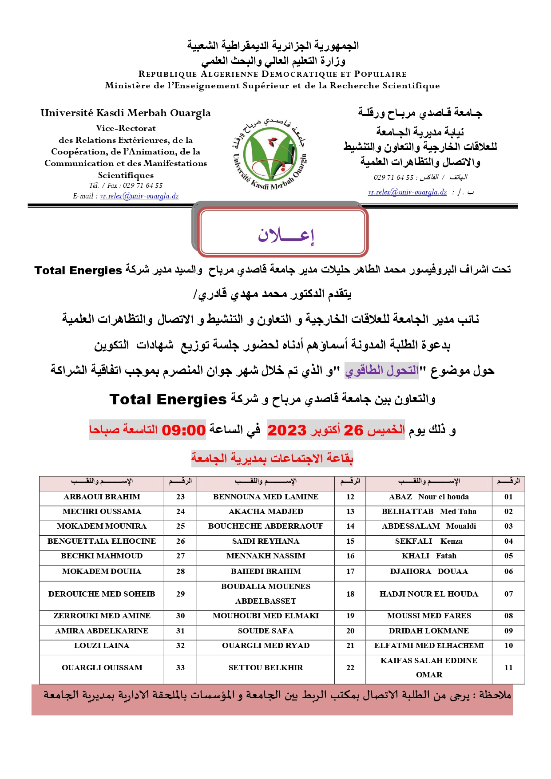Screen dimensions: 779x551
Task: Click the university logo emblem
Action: pyautogui.click(x=270, y=153)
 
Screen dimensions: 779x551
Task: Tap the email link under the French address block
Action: pyautogui.click(x=139, y=196)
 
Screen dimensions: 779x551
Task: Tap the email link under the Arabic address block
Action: pyautogui.click(x=407, y=192)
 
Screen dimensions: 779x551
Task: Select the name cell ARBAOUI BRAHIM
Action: pyautogui.click(x=102, y=497)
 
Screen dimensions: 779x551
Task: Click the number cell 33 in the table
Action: pyautogui.click(x=180, y=668)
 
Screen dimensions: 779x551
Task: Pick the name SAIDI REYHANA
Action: pyautogui.click(x=266, y=542)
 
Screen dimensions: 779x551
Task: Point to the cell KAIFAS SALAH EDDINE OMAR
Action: pyautogui.click(x=429, y=668)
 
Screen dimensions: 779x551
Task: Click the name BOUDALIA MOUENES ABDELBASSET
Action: pyautogui.click(x=266, y=594)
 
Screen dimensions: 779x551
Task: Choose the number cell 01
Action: pyautogui.click(x=508, y=497)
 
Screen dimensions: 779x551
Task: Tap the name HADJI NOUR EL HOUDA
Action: pyautogui.click(x=429, y=594)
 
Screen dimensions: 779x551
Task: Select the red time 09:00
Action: pyautogui.click(x=183, y=430)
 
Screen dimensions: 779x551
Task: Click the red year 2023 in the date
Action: pyautogui.click(x=287, y=430)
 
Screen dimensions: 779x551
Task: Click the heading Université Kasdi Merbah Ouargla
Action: pyautogui.click(x=126, y=113)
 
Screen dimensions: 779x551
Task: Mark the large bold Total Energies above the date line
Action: pyautogui.click(x=168, y=399)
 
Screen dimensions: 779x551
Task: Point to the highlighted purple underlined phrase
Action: pyautogui.click(x=382, y=370)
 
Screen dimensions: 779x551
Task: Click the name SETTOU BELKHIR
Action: pyautogui.click(x=266, y=668)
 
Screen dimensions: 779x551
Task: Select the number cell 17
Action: pyautogui.click(x=350, y=572)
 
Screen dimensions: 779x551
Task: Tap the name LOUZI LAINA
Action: pyautogui.click(x=102, y=646)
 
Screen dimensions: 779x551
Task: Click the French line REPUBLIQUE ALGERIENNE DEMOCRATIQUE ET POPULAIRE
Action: pyautogui.click(x=272, y=74)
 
